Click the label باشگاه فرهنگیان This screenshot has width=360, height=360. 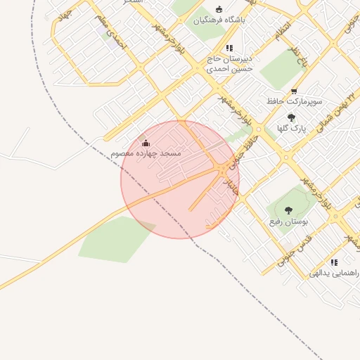pos(219,20)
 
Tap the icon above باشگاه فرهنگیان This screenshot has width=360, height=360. pos(219,9)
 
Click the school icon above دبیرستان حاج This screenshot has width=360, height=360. pos(229,48)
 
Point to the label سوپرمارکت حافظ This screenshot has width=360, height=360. pos(295,101)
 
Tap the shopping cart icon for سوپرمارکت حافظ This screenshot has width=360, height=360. pos(294,90)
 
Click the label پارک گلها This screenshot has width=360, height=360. pos(292,129)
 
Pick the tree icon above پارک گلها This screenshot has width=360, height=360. pos(292,117)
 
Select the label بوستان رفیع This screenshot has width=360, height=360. pos(288,221)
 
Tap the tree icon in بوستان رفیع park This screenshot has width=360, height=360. pos(288,210)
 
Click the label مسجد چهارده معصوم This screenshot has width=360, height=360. pos(146,153)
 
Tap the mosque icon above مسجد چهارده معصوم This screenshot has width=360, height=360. pos(146,143)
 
